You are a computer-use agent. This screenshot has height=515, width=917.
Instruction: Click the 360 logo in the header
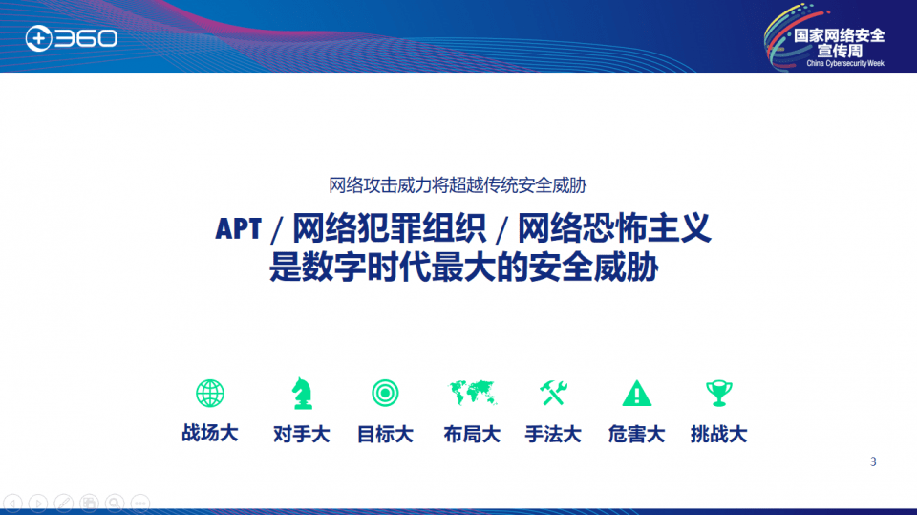[72, 38]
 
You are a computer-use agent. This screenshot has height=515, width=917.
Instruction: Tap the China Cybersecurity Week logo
[825, 37]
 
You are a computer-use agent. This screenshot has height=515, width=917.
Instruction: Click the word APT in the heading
[238, 228]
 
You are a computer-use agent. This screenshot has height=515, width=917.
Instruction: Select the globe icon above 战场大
[210, 394]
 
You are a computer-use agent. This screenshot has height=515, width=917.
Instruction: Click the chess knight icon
[302, 394]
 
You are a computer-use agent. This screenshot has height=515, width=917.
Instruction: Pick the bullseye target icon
[385, 394]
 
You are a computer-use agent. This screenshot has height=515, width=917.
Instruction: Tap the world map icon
[473, 393]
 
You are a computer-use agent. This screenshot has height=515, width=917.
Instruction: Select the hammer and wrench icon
[553, 394]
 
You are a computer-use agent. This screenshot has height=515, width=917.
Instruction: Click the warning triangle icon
[637, 394]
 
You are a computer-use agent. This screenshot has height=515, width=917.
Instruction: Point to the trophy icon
[718, 394]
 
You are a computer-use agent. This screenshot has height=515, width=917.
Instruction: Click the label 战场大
[210, 434]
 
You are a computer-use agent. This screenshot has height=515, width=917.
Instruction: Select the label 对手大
[302, 434]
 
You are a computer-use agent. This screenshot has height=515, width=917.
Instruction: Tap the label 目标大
[385, 434]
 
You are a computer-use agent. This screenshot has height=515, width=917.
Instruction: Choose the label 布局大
[472, 434]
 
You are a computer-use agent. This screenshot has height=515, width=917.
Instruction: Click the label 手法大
[553, 434]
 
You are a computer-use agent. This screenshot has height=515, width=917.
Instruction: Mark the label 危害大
[637, 434]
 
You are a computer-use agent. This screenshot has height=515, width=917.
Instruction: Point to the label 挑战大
[718, 434]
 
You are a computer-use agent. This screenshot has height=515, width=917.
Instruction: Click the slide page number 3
[873, 461]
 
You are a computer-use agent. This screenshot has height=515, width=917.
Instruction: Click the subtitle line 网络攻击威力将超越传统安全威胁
[458, 185]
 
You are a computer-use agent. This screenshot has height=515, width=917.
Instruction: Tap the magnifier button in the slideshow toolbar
[115, 504]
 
